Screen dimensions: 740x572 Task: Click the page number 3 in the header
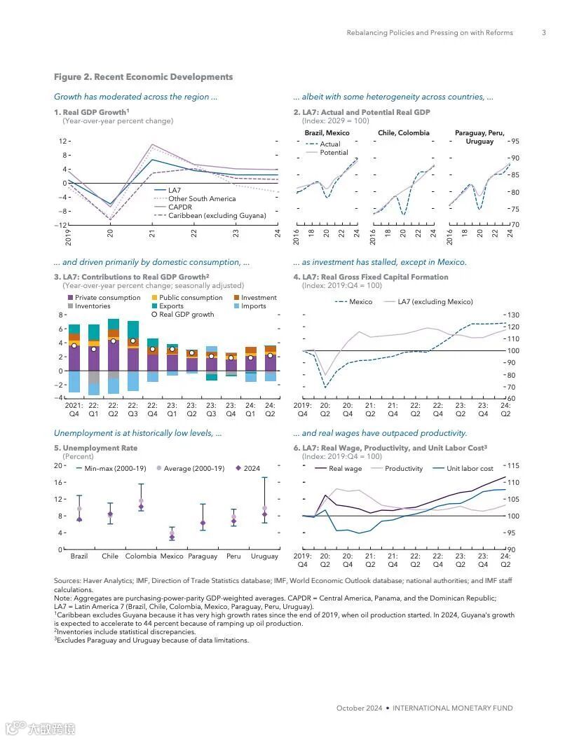(544, 32)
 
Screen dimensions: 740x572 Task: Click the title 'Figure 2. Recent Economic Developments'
(143, 77)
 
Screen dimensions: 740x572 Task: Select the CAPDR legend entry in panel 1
(179, 207)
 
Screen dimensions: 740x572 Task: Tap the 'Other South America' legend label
(202, 199)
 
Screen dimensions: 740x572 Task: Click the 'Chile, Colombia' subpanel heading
(403, 132)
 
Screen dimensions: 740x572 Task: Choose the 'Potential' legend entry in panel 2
(334, 153)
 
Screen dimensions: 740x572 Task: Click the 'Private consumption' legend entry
(108, 298)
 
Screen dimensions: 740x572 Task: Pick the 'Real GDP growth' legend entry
(186, 315)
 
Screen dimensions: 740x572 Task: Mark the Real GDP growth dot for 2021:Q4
(74, 345)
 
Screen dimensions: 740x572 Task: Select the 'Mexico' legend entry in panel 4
(360, 302)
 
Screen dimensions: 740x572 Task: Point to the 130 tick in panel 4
(512, 315)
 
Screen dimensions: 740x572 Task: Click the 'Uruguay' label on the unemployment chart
(264, 556)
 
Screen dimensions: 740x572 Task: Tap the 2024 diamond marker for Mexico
(172, 537)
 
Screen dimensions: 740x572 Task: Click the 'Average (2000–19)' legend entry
(193, 469)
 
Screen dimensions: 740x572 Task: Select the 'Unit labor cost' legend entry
(470, 469)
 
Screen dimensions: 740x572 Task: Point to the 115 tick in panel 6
(512, 466)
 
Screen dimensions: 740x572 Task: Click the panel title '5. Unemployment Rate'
(95, 448)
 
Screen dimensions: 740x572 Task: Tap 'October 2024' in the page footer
(359, 708)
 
